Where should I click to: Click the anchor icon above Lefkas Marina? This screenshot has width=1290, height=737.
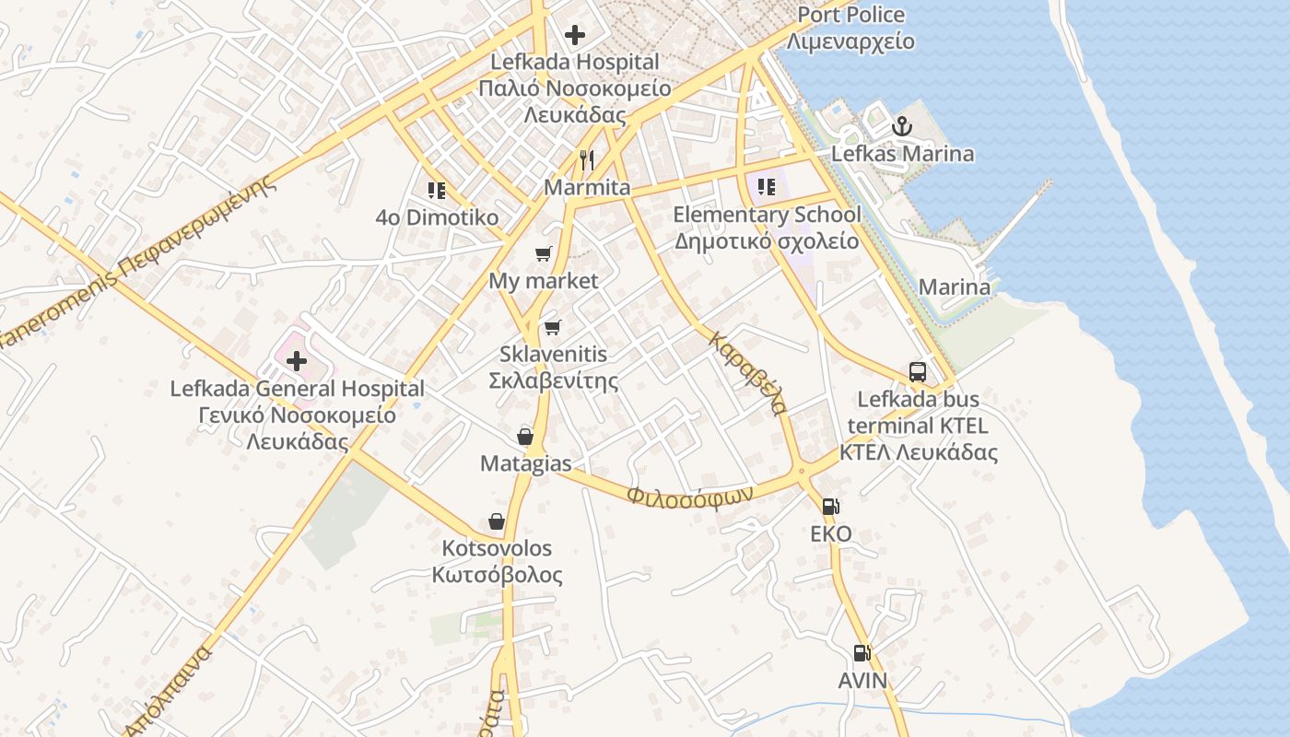[902, 126]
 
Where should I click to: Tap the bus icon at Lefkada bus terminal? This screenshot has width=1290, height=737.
[918, 371]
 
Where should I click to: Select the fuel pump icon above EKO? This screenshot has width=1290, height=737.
[830, 506]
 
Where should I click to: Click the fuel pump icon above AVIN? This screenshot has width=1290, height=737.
[862, 653]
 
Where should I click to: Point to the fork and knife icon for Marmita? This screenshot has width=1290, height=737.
[587, 160]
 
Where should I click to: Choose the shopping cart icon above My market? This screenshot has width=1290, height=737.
[544, 253]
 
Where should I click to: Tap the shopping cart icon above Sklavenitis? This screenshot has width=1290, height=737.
[553, 327]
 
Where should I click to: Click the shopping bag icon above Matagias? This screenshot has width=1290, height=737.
[525, 436]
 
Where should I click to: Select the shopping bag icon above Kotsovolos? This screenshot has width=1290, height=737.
[497, 521]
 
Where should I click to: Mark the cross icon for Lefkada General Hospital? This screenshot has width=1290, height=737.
[297, 361]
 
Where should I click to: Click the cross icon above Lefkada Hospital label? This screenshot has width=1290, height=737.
[575, 35]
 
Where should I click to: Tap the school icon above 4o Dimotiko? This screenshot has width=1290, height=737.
[437, 191]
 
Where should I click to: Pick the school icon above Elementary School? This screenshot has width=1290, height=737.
[766, 187]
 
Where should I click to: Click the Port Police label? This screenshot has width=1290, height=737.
[850, 16]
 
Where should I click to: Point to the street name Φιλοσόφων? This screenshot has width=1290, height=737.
[689, 494]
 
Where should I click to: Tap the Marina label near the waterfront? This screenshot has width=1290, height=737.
[955, 287]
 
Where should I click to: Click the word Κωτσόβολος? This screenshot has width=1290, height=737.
[497, 576]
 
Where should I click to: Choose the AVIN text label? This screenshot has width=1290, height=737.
[862, 681]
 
